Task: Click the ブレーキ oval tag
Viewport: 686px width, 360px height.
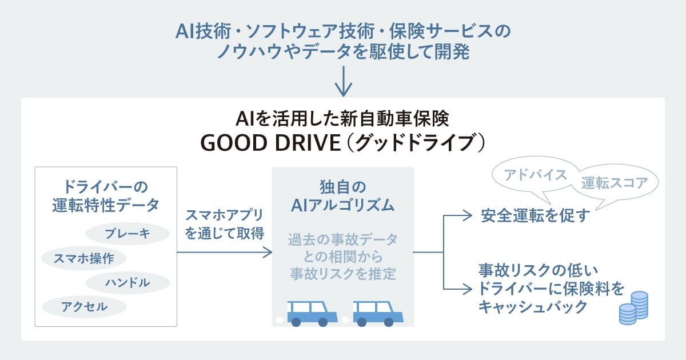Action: tap(127, 233)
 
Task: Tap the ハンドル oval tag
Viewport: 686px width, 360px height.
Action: tap(127, 282)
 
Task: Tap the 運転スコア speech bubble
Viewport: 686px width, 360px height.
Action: tap(615, 183)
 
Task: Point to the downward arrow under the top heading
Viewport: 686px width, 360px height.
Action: tap(343, 83)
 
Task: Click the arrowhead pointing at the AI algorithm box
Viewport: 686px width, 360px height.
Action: tap(267, 251)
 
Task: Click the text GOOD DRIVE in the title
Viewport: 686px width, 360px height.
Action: tap(269, 143)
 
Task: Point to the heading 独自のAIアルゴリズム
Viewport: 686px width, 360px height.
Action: tap(342, 196)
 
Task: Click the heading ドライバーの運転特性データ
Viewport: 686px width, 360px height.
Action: tap(105, 196)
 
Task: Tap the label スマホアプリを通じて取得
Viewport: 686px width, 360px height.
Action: tap(225, 224)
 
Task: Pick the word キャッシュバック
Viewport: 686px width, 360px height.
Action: tap(533, 307)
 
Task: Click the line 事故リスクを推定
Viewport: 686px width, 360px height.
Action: tap(342, 274)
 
